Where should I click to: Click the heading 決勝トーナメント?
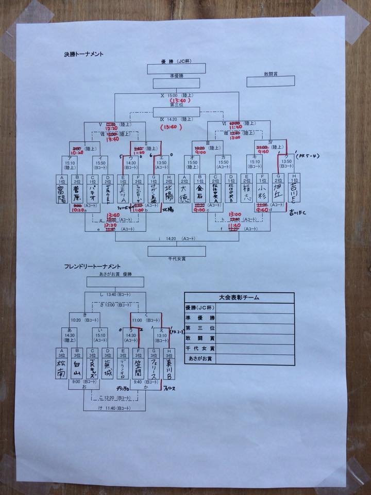point(81,54)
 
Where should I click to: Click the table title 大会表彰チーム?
point(239,298)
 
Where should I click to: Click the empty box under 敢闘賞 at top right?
point(271,81)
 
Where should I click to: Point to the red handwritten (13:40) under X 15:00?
point(178,101)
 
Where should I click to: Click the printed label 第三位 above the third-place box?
point(176,105)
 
